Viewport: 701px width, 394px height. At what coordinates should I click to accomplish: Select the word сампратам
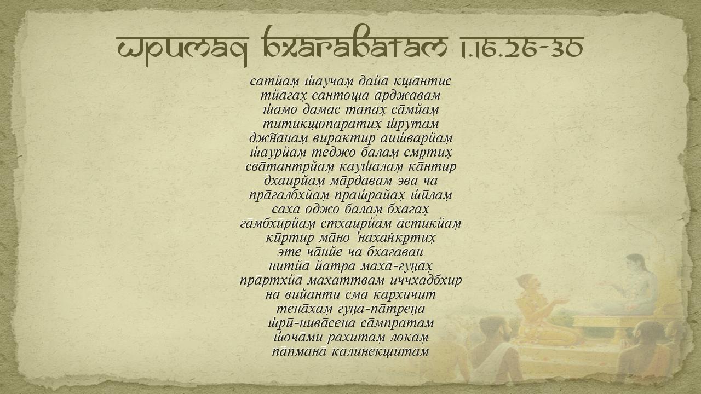[x=397, y=323]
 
